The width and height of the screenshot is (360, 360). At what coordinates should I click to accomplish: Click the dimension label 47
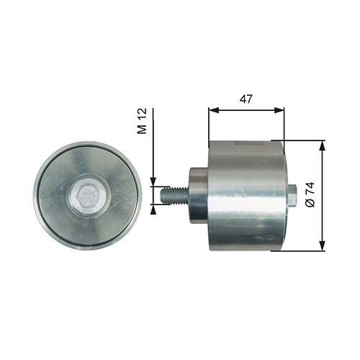pyautogui.click(x=246, y=99)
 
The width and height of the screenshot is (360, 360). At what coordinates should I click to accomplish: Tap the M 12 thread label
pyautogui.click(x=142, y=121)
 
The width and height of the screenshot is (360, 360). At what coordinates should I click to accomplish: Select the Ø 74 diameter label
pyautogui.click(x=310, y=195)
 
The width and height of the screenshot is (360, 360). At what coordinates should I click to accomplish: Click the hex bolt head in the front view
pyautogui.click(x=89, y=195)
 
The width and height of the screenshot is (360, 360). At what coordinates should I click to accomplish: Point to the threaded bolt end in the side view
pyautogui.click(x=174, y=195)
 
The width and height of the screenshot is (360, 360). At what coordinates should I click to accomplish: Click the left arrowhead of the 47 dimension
pyautogui.click(x=214, y=110)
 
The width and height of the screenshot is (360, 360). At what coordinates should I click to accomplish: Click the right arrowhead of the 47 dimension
pyautogui.click(x=279, y=110)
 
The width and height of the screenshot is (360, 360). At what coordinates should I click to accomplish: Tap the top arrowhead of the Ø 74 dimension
pyautogui.click(x=323, y=145)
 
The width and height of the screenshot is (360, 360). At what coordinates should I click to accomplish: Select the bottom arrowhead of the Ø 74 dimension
pyautogui.click(x=323, y=246)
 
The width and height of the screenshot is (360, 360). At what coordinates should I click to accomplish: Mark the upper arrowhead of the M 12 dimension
pyautogui.click(x=153, y=181)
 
